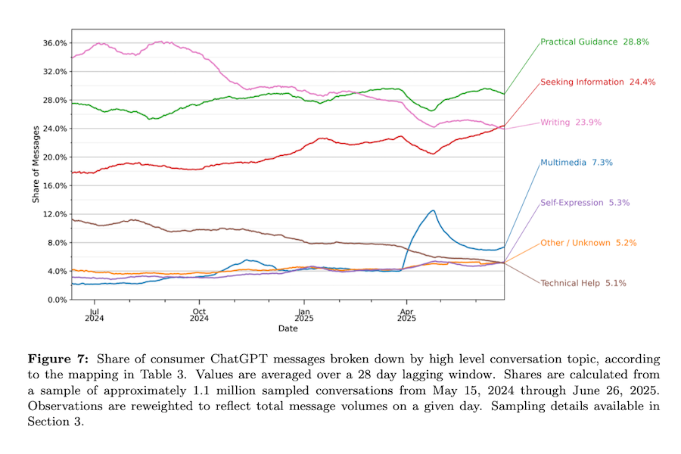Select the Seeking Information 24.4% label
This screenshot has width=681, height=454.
[592, 82]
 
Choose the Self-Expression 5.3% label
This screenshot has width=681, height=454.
[585, 203]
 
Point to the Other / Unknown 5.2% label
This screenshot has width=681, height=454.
[588, 243]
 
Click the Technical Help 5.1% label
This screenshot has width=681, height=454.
[583, 283]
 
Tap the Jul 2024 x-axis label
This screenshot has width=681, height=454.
[94, 314]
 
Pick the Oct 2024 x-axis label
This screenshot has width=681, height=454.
[198, 314]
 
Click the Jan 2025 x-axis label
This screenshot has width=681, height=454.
[303, 314]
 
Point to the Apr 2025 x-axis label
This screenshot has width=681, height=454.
[406, 314]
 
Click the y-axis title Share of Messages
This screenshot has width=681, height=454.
[36, 164]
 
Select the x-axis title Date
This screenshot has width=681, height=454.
[288, 328]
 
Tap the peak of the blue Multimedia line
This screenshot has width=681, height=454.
[432, 210]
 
